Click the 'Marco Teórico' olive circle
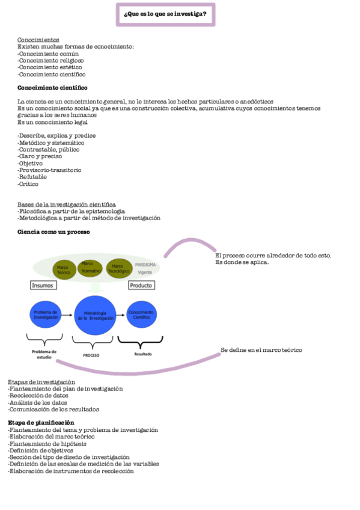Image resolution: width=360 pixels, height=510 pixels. [x=63, y=269]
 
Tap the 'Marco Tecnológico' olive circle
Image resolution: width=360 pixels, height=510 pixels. [x=118, y=268]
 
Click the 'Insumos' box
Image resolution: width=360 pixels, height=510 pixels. [x=43, y=285]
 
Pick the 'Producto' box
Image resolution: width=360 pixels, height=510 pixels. [x=141, y=285]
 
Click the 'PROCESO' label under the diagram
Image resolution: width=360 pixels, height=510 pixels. [x=91, y=355]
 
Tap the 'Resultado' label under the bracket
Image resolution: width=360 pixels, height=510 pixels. [x=142, y=354]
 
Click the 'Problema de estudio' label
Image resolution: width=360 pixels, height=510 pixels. [x=44, y=354]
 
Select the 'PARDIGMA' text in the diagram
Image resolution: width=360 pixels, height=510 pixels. [x=145, y=264]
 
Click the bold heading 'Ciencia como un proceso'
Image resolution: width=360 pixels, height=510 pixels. [x=53, y=232]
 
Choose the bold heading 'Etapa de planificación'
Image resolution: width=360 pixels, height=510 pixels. [x=41, y=423]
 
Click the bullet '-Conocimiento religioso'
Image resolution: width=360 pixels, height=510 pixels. [x=51, y=60]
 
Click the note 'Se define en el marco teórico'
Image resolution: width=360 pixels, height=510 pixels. [x=261, y=350]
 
